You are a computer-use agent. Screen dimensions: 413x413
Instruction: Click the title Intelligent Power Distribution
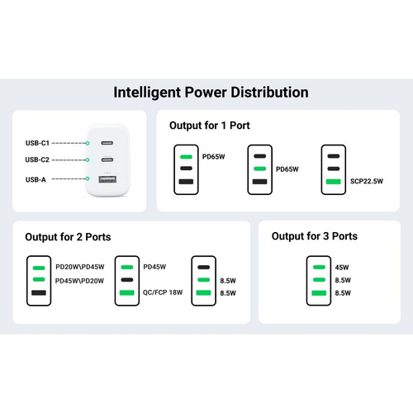[x=211, y=93]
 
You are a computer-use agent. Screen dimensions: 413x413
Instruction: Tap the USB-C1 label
[x=37, y=143]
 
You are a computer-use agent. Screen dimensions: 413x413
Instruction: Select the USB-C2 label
[x=37, y=159]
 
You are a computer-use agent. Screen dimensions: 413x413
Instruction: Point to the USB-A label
[x=36, y=180]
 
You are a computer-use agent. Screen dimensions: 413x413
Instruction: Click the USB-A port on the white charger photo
[x=107, y=179]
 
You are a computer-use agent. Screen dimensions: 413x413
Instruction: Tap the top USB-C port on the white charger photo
[x=107, y=143]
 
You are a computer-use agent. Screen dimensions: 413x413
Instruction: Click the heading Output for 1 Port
[x=210, y=126]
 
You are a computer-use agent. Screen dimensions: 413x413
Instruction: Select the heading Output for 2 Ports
[x=68, y=237]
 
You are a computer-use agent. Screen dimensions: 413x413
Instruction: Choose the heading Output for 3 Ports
[x=315, y=236]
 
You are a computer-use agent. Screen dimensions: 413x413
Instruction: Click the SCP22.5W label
[x=367, y=181]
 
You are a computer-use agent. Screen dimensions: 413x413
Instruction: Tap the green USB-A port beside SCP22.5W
[x=334, y=182]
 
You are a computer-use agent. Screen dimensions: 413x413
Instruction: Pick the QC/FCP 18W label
[x=163, y=292]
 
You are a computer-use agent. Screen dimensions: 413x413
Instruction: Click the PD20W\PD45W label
[x=80, y=267]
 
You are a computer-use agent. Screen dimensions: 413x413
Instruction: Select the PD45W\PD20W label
[x=79, y=281]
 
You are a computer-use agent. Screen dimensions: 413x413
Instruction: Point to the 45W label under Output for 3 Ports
[x=342, y=268]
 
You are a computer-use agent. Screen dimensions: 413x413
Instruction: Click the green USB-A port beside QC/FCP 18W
[x=127, y=292]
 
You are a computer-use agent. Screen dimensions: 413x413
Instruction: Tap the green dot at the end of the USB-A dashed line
[x=88, y=178]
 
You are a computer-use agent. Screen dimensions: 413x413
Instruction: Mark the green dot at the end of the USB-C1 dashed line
[x=88, y=143]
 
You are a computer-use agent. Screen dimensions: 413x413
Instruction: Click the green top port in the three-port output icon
[x=319, y=267]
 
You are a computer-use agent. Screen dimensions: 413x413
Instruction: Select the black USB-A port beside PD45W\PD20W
[x=39, y=292]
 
